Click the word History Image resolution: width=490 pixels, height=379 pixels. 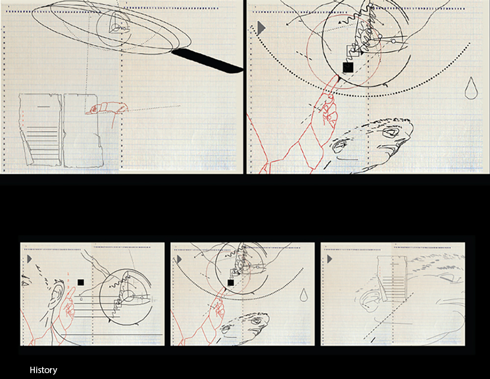(44, 370)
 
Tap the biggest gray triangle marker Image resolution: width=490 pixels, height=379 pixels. (261, 28)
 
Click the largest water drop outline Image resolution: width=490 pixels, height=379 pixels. (471, 89)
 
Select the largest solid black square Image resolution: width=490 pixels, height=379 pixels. (348, 67)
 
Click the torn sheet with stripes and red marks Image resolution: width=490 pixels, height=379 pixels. (40, 130)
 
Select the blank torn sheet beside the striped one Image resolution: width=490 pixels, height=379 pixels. (83, 130)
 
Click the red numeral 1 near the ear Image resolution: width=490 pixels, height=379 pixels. (68, 274)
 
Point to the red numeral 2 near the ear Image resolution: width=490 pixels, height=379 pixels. (68, 281)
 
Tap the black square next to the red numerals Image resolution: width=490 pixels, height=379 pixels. (81, 282)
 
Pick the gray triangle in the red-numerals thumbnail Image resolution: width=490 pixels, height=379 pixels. (29, 259)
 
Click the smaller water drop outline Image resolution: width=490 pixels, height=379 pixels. (303, 296)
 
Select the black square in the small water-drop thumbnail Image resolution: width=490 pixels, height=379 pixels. (231, 283)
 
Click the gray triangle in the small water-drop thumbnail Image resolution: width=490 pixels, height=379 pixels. (179, 259)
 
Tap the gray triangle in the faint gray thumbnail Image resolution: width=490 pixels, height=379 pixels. (329, 259)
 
